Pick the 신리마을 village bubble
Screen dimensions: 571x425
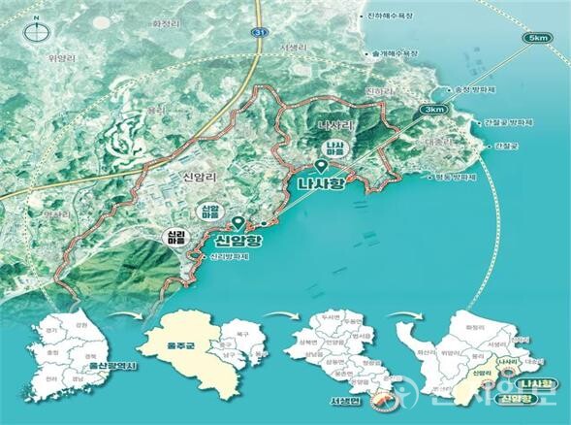[x=173, y=239]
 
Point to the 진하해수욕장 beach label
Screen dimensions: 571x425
[x=417, y=15]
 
